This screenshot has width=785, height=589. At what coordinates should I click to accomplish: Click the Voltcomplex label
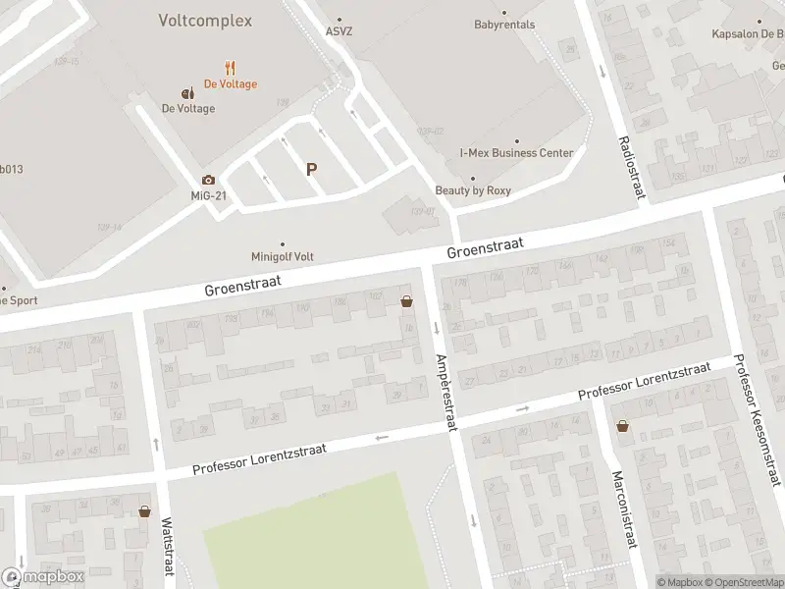pos(205,21)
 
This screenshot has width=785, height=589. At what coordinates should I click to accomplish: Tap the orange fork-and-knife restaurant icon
pos(230,68)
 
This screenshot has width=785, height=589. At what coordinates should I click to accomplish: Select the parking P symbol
pos(312,169)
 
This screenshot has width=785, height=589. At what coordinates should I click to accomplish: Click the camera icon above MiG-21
pos(208,180)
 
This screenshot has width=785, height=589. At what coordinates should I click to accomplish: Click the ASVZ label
pos(340,30)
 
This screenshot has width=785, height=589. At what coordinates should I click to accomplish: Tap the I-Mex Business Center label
pos(516,153)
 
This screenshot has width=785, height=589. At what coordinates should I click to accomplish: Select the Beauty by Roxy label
pos(473,190)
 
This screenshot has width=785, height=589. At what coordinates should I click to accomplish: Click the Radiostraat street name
pos(630,167)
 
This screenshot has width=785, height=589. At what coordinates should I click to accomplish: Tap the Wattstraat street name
pos(167,546)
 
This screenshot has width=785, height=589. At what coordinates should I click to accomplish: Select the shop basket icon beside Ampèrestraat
pos(406,302)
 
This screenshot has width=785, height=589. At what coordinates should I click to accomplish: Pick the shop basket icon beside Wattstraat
pos(145,510)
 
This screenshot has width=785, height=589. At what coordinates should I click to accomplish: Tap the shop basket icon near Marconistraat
pos(622,426)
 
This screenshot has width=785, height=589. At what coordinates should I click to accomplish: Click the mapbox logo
pos(43,577)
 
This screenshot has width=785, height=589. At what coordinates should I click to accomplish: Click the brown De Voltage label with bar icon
pos(187,108)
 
